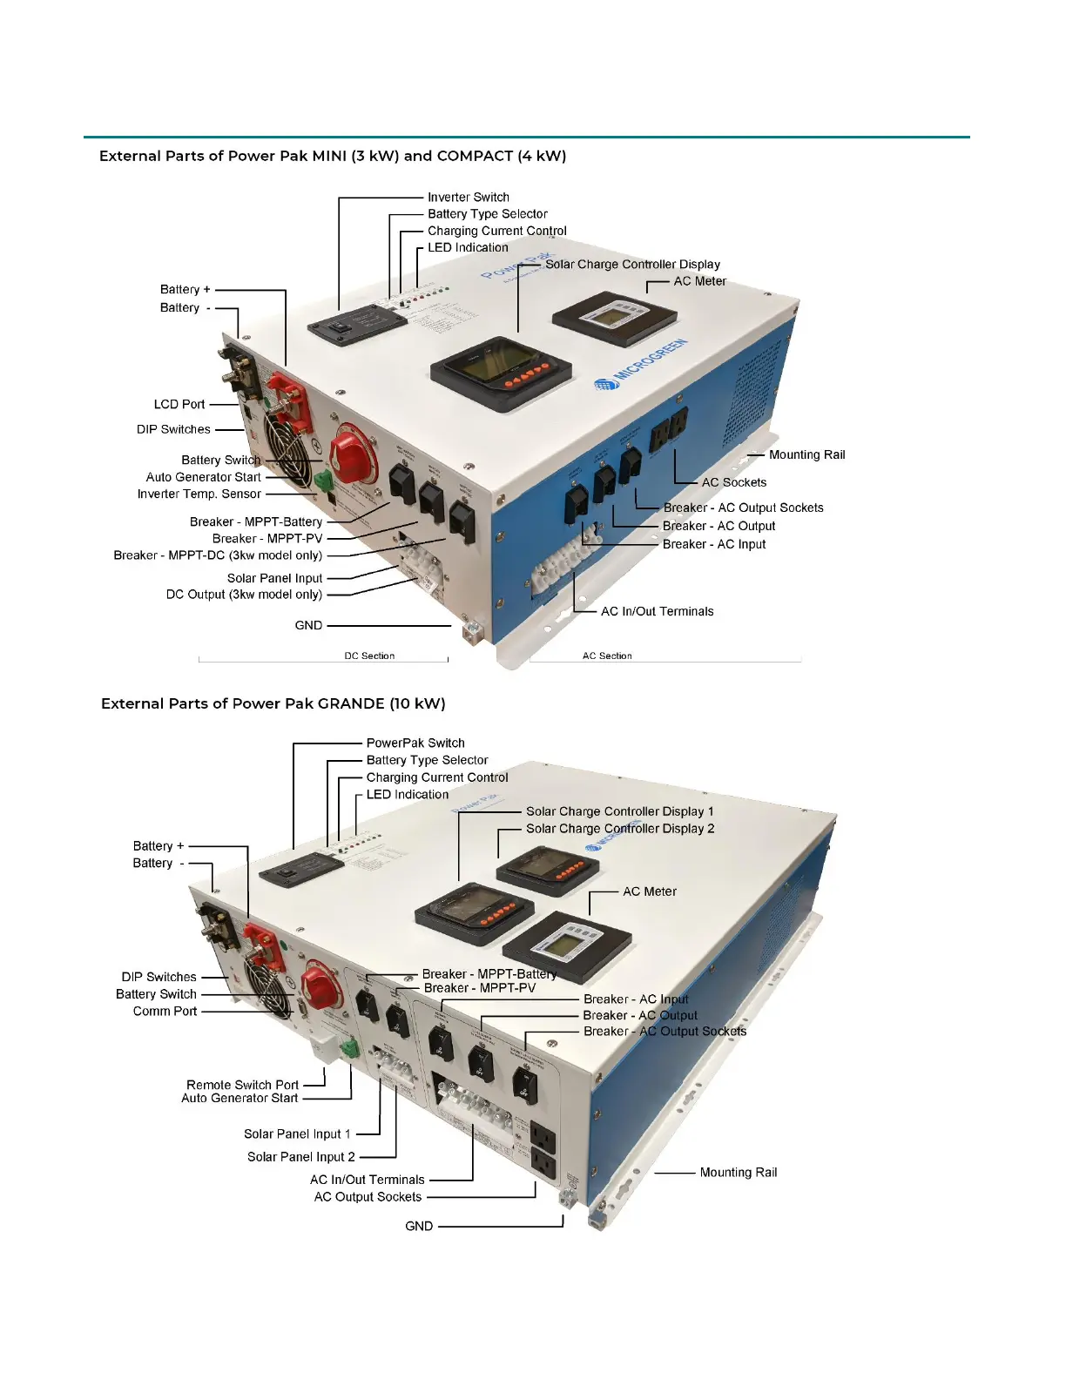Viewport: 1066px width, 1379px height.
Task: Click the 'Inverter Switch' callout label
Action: (468, 198)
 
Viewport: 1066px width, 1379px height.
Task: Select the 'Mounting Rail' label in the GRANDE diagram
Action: (738, 1173)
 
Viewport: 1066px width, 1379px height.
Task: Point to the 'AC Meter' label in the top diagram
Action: (699, 281)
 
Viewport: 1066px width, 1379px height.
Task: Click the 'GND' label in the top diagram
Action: (308, 625)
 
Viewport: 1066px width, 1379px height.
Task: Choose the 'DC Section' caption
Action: (369, 656)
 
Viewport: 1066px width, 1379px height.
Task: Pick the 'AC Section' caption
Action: (607, 656)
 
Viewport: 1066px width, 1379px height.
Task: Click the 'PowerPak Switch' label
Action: (415, 743)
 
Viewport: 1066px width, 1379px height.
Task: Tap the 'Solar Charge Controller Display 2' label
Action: (620, 829)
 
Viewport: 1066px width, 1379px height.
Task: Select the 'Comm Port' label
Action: (165, 1011)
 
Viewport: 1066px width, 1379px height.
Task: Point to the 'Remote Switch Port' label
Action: (242, 1085)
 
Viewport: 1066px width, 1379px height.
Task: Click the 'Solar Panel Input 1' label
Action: (297, 1133)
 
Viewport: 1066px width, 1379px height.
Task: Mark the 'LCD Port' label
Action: (179, 404)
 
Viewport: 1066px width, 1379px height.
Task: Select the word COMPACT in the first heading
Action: (475, 156)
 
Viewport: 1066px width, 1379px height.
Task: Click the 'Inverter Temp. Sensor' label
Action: (199, 494)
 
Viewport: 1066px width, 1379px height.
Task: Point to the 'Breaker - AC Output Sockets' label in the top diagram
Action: (743, 508)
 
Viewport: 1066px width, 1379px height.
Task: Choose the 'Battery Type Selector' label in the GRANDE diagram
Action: (427, 760)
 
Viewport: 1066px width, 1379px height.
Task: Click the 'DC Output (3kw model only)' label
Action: (244, 595)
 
